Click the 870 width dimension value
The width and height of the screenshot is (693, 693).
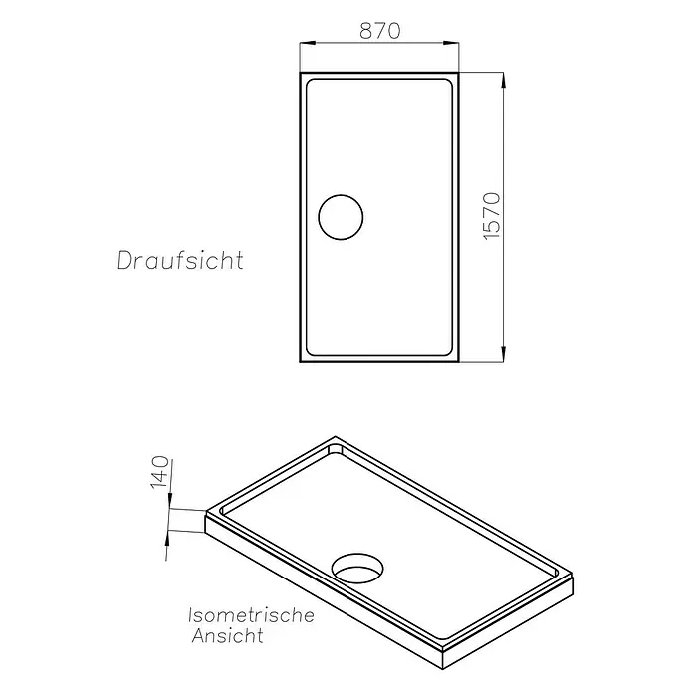coord(379,31)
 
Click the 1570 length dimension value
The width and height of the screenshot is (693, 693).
coord(492,216)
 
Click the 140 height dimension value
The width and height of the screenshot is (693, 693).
coord(160,472)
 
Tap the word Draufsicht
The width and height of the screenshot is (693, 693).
coord(180,260)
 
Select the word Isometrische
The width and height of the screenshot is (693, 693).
coord(251,615)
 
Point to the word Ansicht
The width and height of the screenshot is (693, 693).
coord(228,636)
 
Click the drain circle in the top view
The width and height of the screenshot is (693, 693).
coord(341,195)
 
